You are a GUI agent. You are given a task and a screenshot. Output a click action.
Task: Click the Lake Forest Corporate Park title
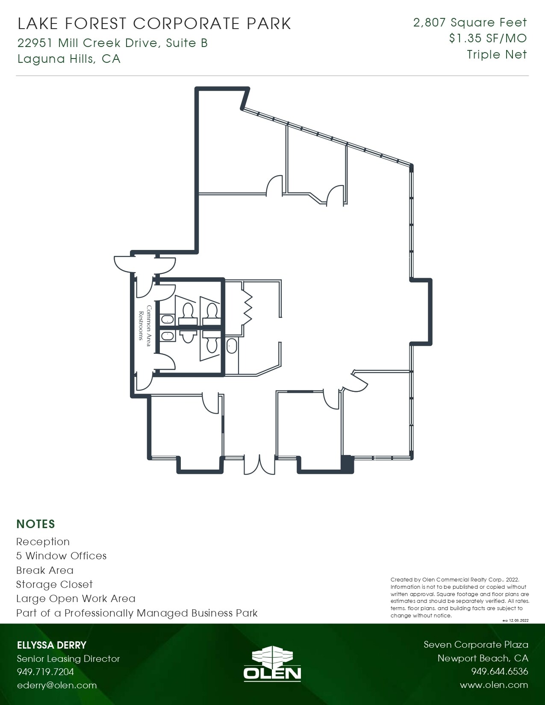pyautogui.click(x=154, y=24)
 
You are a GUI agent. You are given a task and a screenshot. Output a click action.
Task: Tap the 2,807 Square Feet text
pyautogui.click(x=470, y=23)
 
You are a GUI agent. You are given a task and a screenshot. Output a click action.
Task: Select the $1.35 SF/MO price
pyautogui.click(x=488, y=38)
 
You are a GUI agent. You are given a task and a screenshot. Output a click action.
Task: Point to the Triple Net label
pyautogui.click(x=497, y=55)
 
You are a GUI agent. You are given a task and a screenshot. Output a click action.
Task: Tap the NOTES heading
pyautogui.click(x=35, y=524)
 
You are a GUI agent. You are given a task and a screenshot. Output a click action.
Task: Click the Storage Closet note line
pyautogui.click(x=54, y=585)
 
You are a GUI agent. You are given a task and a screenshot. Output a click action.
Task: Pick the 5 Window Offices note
pyautogui.click(x=61, y=556)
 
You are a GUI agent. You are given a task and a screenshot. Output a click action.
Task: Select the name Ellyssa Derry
pyautogui.click(x=52, y=645)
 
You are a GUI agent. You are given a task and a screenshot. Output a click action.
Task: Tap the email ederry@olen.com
pyautogui.click(x=57, y=685)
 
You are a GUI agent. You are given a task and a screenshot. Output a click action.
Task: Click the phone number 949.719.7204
pyautogui.click(x=45, y=672)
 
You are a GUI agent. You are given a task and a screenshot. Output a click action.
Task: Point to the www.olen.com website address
pyautogui.click(x=494, y=685)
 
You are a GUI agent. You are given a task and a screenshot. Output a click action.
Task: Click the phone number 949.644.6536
pyautogui.click(x=499, y=672)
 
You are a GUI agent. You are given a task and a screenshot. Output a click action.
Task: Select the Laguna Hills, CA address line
pyautogui.click(x=69, y=59)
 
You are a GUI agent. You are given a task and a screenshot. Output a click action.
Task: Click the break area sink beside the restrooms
pyautogui.click(x=232, y=346)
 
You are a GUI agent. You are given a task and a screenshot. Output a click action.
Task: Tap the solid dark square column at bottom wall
pyautogui.click(x=347, y=464)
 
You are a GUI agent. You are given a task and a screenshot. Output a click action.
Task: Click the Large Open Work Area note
pyautogui.click(x=76, y=599)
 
